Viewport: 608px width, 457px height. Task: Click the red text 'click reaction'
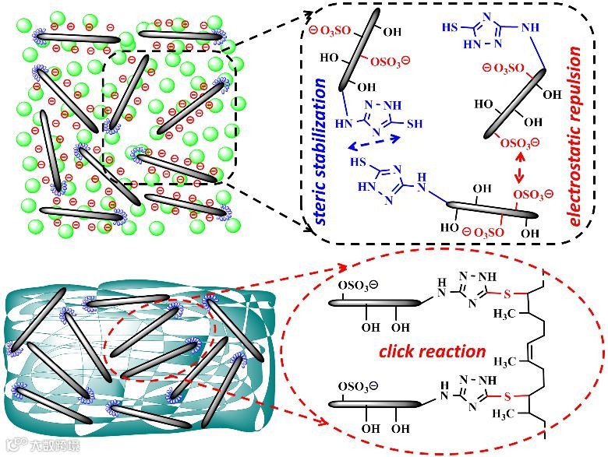point(432,351)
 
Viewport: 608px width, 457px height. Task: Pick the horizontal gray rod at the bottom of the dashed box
point(483,210)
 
